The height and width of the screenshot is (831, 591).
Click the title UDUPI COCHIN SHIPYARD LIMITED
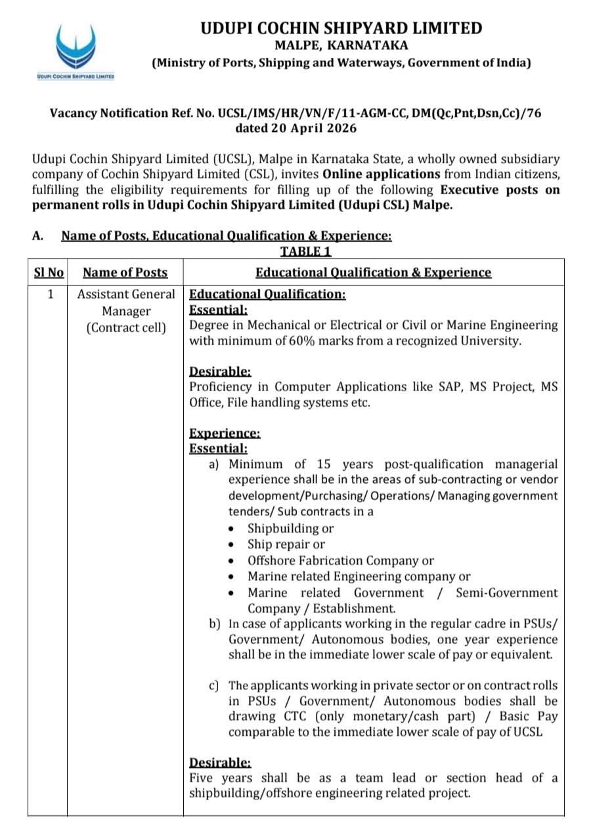pyautogui.click(x=341, y=28)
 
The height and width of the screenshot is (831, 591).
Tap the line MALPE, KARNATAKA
pyautogui.click(x=341, y=45)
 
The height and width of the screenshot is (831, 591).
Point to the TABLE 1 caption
pyautogui.click(x=306, y=251)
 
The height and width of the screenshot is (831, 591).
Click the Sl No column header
pyautogui.click(x=49, y=272)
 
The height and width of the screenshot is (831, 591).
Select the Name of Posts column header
pyautogui.click(x=125, y=272)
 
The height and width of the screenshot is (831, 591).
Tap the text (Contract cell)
pyautogui.click(x=126, y=327)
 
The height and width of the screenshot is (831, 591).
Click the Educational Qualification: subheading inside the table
pyautogui.click(x=267, y=294)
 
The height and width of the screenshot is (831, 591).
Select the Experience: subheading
pyautogui.click(x=225, y=433)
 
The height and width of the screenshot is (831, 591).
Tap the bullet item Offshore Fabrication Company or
pyautogui.click(x=340, y=560)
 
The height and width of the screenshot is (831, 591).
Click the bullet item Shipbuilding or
pyautogui.click(x=290, y=528)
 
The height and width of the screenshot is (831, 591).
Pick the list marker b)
pyautogui.click(x=214, y=624)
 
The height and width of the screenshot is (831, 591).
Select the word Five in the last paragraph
pyautogui.click(x=202, y=778)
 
